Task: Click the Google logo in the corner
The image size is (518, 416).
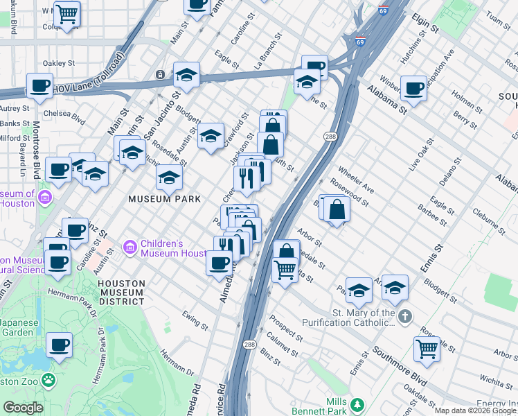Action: click(23, 408)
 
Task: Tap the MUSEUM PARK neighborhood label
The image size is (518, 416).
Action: click(164, 199)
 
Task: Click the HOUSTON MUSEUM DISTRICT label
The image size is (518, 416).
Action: click(121, 292)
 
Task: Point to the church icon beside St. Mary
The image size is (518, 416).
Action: click(405, 316)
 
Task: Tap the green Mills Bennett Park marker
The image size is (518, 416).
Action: click(357, 404)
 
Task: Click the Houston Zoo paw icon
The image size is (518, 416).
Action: click(48, 380)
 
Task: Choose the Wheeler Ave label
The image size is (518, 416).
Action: click(356, 180)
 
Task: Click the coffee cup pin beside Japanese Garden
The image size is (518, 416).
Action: click(59, 345)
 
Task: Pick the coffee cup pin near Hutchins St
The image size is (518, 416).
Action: click(413, 88)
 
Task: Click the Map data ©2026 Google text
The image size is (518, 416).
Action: click(475, 410)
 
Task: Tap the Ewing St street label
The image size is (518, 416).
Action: click(195, 320)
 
